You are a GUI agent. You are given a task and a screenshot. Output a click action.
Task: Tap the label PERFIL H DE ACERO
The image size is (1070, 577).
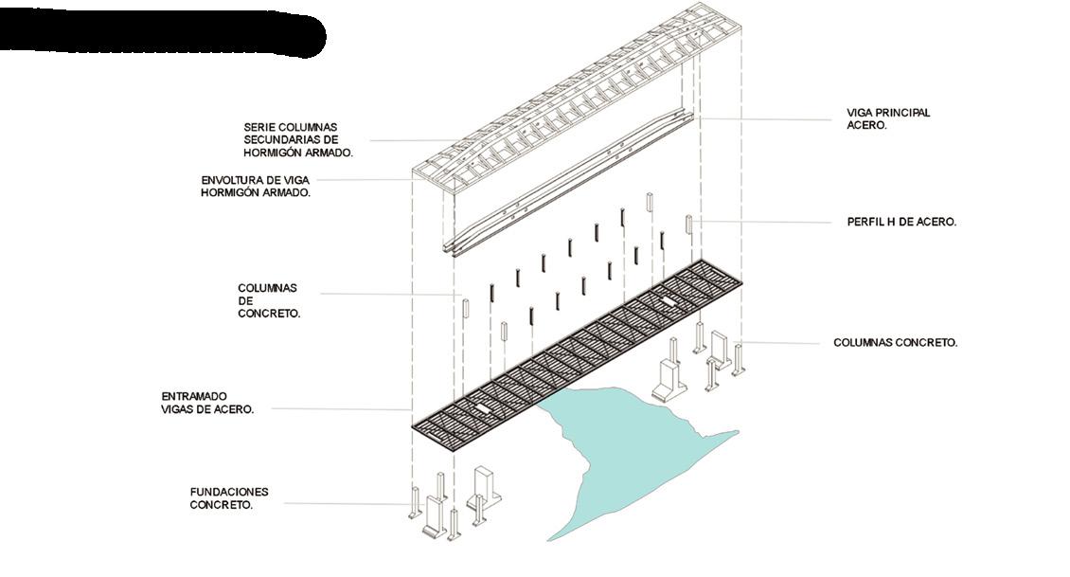click(901, 222)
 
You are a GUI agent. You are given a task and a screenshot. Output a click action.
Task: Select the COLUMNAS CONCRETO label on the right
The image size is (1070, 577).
click(895, 343)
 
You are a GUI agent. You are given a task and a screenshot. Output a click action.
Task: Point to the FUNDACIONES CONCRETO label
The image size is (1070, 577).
click(229, 499)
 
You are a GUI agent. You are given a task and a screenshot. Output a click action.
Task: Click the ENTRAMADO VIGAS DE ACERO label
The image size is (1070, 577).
click(207, 403)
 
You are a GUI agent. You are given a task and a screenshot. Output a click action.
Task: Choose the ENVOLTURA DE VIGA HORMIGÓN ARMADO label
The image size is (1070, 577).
click(256, 186)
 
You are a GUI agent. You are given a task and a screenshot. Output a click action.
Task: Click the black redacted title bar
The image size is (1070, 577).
click(161, 35)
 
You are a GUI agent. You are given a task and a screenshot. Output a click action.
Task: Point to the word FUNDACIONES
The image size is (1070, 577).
click(229, 493)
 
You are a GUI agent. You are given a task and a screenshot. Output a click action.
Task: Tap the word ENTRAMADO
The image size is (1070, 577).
click(194, 396)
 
